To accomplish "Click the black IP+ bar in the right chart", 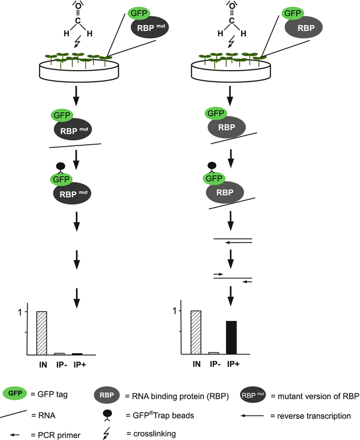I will (x=231, y=338).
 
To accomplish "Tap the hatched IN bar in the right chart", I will (x=196, y=332).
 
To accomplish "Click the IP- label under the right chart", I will (x=214, y=363).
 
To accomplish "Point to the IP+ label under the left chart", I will (x=78, y=363).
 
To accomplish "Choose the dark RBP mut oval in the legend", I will (x=250, y=395).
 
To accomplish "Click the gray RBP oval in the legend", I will (x=108, y=395).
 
